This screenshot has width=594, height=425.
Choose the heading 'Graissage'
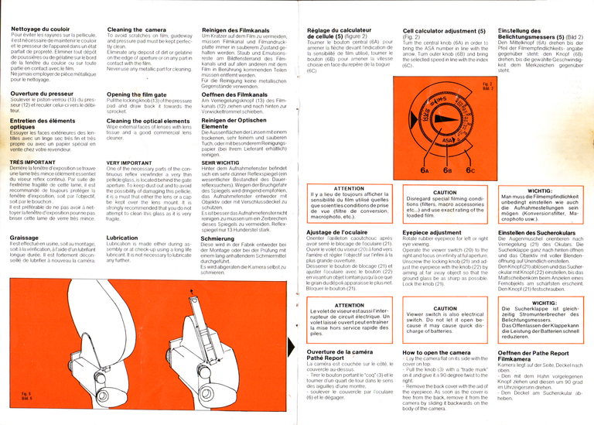[25, 238]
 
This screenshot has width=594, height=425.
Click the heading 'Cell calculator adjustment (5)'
[449, 29]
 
